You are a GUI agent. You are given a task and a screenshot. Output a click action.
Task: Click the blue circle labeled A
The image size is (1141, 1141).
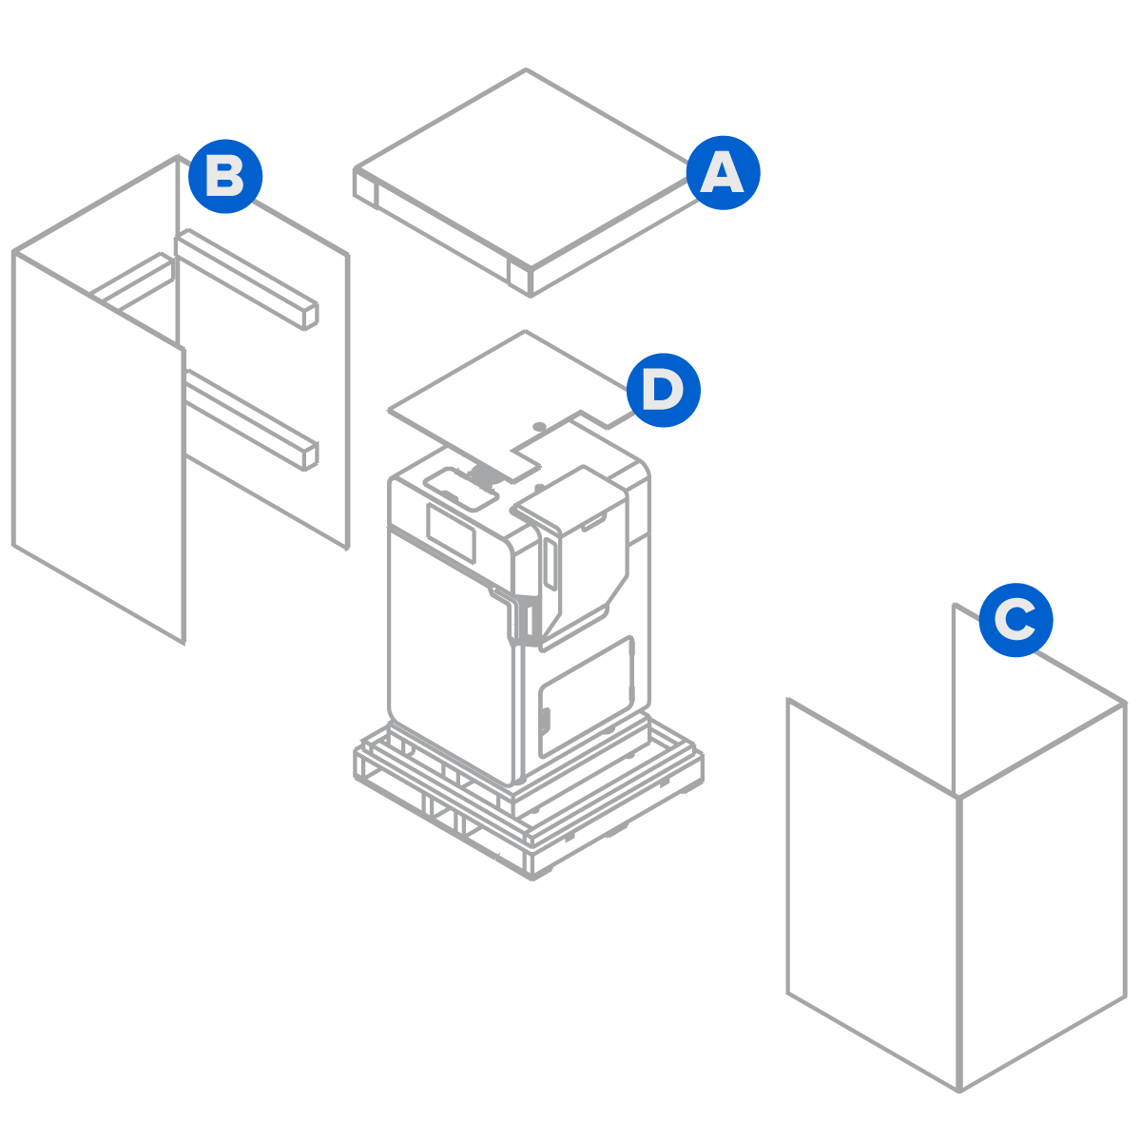[723, 173]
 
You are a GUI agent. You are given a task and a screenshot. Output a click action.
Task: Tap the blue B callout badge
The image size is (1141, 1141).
[224, 177]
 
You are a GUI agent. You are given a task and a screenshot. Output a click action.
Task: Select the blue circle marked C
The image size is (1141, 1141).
[1015, 620]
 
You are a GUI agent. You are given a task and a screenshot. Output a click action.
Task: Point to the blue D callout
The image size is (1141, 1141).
[663, 390]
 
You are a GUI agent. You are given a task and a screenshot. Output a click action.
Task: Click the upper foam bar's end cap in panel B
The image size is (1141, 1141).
[310, 317]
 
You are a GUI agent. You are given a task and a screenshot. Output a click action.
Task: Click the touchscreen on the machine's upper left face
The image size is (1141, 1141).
[451, 532]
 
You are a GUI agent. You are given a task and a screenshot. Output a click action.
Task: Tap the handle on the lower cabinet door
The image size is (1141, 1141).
[546, 723]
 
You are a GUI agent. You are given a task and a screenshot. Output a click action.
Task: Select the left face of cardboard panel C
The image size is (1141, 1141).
[872, 894]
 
